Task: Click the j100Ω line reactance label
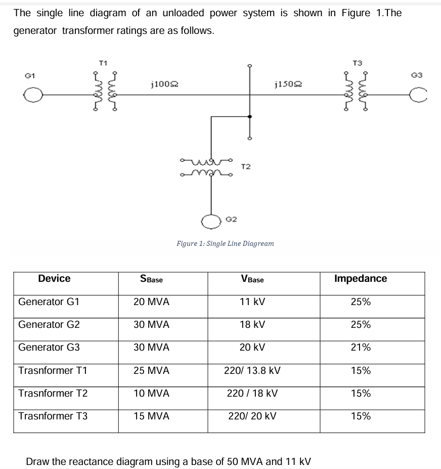[164, 84]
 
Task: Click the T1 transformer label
[103, 63]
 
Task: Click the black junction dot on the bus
[249, 116]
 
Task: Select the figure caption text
[225, 243]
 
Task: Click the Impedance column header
[361, 278]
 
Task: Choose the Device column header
[54, 278]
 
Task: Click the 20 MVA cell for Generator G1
[152, 302]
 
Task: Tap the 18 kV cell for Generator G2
[252, 325]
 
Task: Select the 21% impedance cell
[361, 348]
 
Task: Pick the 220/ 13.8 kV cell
[252, 370]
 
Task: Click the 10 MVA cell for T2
[152, 393]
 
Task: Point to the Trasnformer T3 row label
[53, 416]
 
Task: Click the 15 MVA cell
[152, 416]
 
